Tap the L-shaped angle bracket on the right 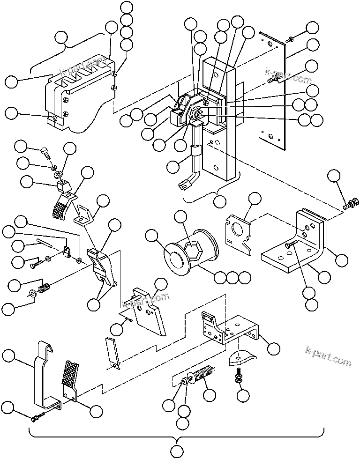pyautogui.click(x=295, y=244)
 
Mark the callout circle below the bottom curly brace pyautogui.click(x=176, y=452)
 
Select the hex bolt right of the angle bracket pyautogui.click(x=350, y=204)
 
